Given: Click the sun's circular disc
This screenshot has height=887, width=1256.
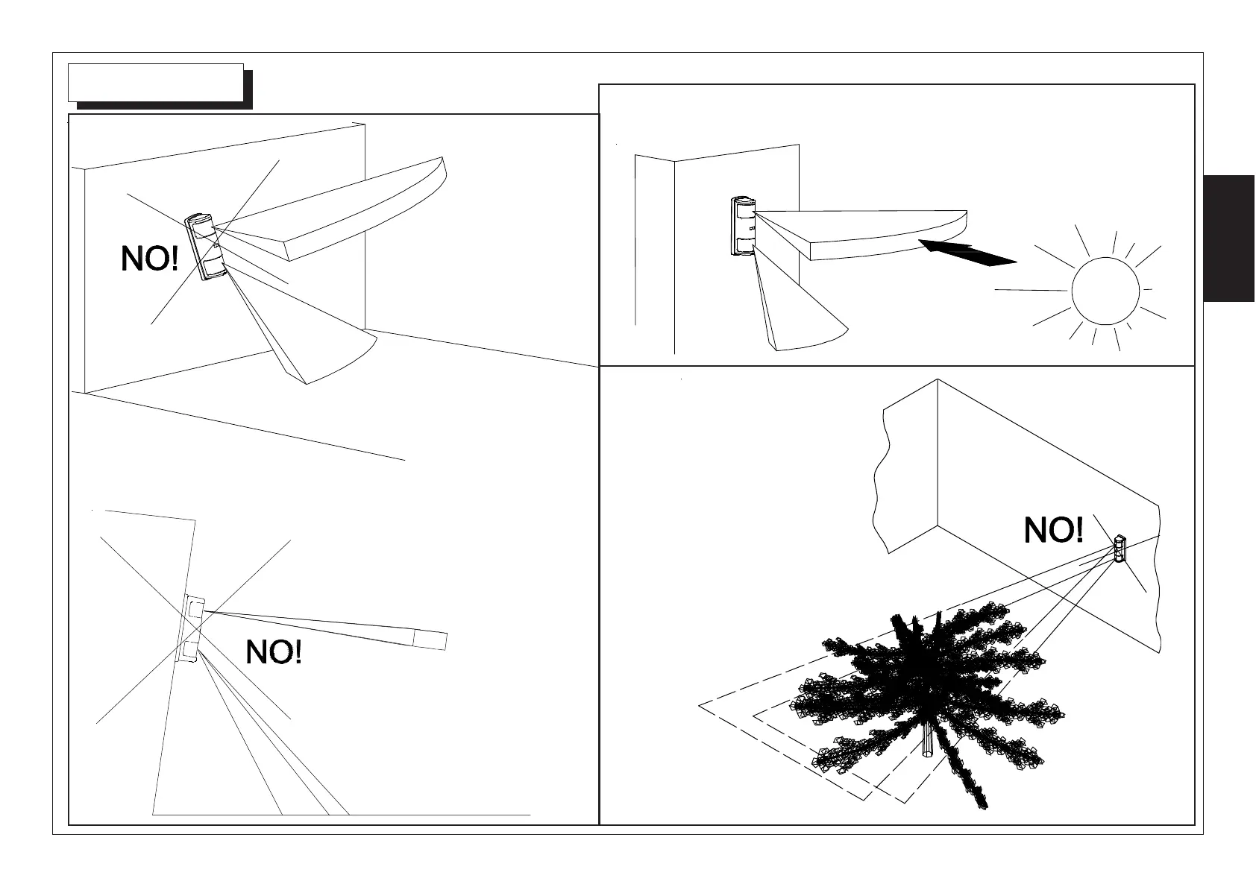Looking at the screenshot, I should (x=1105, y=291).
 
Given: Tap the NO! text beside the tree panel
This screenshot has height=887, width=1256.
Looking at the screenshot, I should (x=1053, y=531).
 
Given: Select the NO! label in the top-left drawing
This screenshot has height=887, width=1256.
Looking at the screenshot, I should (x=150, y=259).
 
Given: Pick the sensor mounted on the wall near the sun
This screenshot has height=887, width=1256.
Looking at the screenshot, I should (x=743, y=227).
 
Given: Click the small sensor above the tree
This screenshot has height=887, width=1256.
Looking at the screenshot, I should (x=1119, y=549).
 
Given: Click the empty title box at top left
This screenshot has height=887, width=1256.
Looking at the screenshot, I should (x=156, y=82).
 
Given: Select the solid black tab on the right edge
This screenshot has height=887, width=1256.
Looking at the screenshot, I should (x=1229, y=239).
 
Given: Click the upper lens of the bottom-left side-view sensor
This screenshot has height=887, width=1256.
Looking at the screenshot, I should (x=194, y=610).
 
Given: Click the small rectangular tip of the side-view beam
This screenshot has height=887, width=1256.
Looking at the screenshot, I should (x=430, y=640).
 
